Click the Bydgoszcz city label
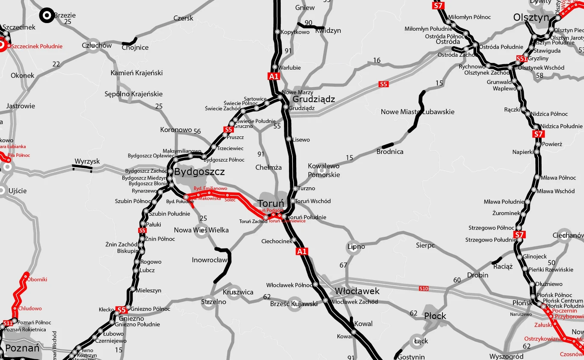pos(199,172)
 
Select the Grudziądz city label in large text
pos(313,99)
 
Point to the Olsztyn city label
pos(531,18)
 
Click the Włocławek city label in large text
pos(357,291)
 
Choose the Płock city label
pos(435,316)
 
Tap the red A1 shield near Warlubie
pos(274,77)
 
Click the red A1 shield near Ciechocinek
pos(302,251)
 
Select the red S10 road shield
pos(423,289)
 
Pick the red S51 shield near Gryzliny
pos(521,59)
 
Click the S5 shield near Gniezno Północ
pos(121,310)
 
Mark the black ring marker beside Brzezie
pos(47,16)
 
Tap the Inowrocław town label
pos(209,260)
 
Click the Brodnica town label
pos(389,151)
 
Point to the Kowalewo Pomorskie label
pos(324,170)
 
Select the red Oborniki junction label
pos(37,279)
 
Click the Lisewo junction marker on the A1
pos(289,139)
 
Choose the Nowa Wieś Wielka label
pos(201,230)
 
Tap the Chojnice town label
pos(135,47)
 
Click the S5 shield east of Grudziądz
pos(383,84)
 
